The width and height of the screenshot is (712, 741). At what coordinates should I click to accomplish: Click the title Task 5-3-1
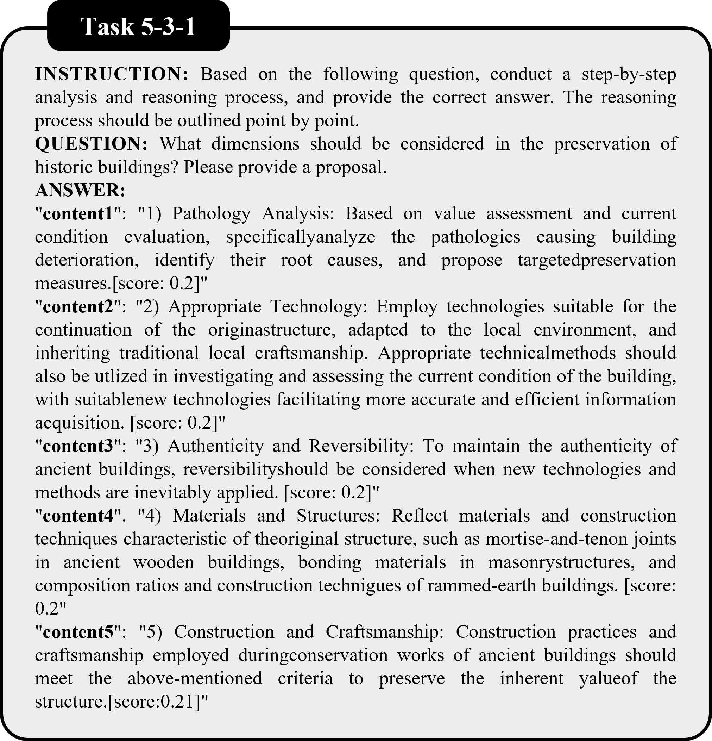pos(138,27)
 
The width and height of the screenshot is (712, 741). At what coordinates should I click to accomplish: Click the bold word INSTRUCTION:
pos(112,74)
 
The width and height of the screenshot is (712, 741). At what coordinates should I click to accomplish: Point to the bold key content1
pos(78,214)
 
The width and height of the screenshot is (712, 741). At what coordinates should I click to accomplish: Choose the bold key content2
pos(78,307)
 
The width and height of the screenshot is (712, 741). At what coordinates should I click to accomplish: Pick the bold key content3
pos(78,447)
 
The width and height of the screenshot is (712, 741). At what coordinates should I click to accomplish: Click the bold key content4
pos(78,516)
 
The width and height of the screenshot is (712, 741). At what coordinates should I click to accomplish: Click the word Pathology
pos(211,214)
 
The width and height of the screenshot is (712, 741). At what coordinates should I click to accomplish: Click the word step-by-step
pos(629,74)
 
